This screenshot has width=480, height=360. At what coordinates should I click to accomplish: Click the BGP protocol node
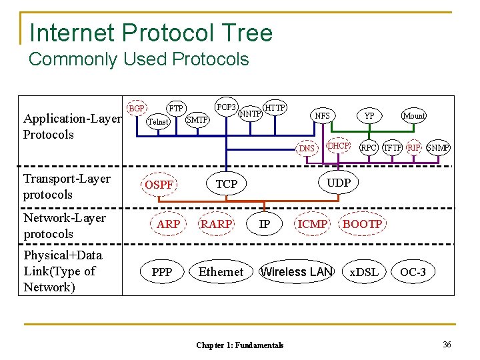137,108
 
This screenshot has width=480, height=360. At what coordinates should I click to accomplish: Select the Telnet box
158,121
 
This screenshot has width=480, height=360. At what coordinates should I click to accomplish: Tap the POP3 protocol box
227,107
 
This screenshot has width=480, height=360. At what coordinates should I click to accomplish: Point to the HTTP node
275,107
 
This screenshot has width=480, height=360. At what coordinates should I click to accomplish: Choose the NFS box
322,115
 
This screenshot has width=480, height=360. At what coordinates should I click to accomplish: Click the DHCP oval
339,145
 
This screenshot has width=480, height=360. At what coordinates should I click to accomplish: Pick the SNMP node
438,147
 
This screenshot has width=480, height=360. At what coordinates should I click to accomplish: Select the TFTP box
393,147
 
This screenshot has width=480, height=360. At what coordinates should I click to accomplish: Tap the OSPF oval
159,185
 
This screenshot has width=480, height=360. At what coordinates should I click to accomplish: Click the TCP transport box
227,183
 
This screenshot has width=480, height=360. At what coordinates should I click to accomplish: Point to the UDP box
339,182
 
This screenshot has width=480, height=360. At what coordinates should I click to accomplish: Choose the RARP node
217,224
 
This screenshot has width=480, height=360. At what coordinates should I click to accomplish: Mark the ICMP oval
313,224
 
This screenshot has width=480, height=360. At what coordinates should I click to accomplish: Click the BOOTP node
362,224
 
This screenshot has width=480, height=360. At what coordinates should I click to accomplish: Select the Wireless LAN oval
296,271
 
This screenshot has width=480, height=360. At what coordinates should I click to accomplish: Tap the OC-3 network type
413,271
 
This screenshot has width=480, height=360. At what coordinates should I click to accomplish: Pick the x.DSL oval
364,271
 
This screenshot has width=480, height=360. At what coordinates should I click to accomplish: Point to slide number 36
447,344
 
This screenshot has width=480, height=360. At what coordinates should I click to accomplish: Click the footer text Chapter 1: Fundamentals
239,345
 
